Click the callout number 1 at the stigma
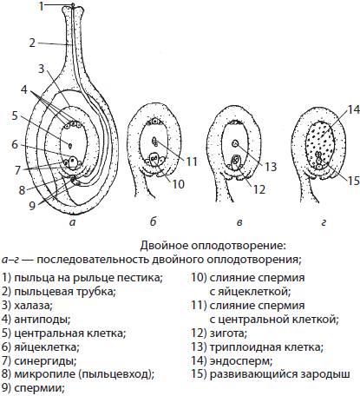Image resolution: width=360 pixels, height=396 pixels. click(42, 6)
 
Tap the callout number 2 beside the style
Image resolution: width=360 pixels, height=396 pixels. click(32, 43)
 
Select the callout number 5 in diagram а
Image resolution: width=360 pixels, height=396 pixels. click(15, 115)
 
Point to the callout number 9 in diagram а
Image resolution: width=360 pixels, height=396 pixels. click(32, 205)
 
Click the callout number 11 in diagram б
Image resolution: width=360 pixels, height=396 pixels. click(191, 162)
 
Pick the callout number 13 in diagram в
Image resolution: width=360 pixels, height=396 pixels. click(271, 167)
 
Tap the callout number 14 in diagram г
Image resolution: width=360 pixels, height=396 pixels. click(353, 109)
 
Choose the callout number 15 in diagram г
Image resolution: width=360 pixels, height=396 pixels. click(353, 181)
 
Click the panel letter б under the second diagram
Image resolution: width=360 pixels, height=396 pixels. click(154, 221)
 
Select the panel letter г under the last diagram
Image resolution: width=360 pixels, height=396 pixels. click(324, 222)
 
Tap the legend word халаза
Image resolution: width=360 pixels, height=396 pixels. click(33, 305)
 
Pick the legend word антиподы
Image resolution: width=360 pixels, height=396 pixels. click(43, 320)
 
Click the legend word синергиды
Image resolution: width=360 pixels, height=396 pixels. click(45, 361)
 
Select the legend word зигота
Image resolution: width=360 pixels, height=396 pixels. click(228, 333)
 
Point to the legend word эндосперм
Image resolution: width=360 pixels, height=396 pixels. click(241, 361)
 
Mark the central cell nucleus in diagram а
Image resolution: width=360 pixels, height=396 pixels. click(70, 146)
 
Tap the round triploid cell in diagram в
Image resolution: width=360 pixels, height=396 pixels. click(236, 143)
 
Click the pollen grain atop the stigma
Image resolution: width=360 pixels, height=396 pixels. click(73, 5)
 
